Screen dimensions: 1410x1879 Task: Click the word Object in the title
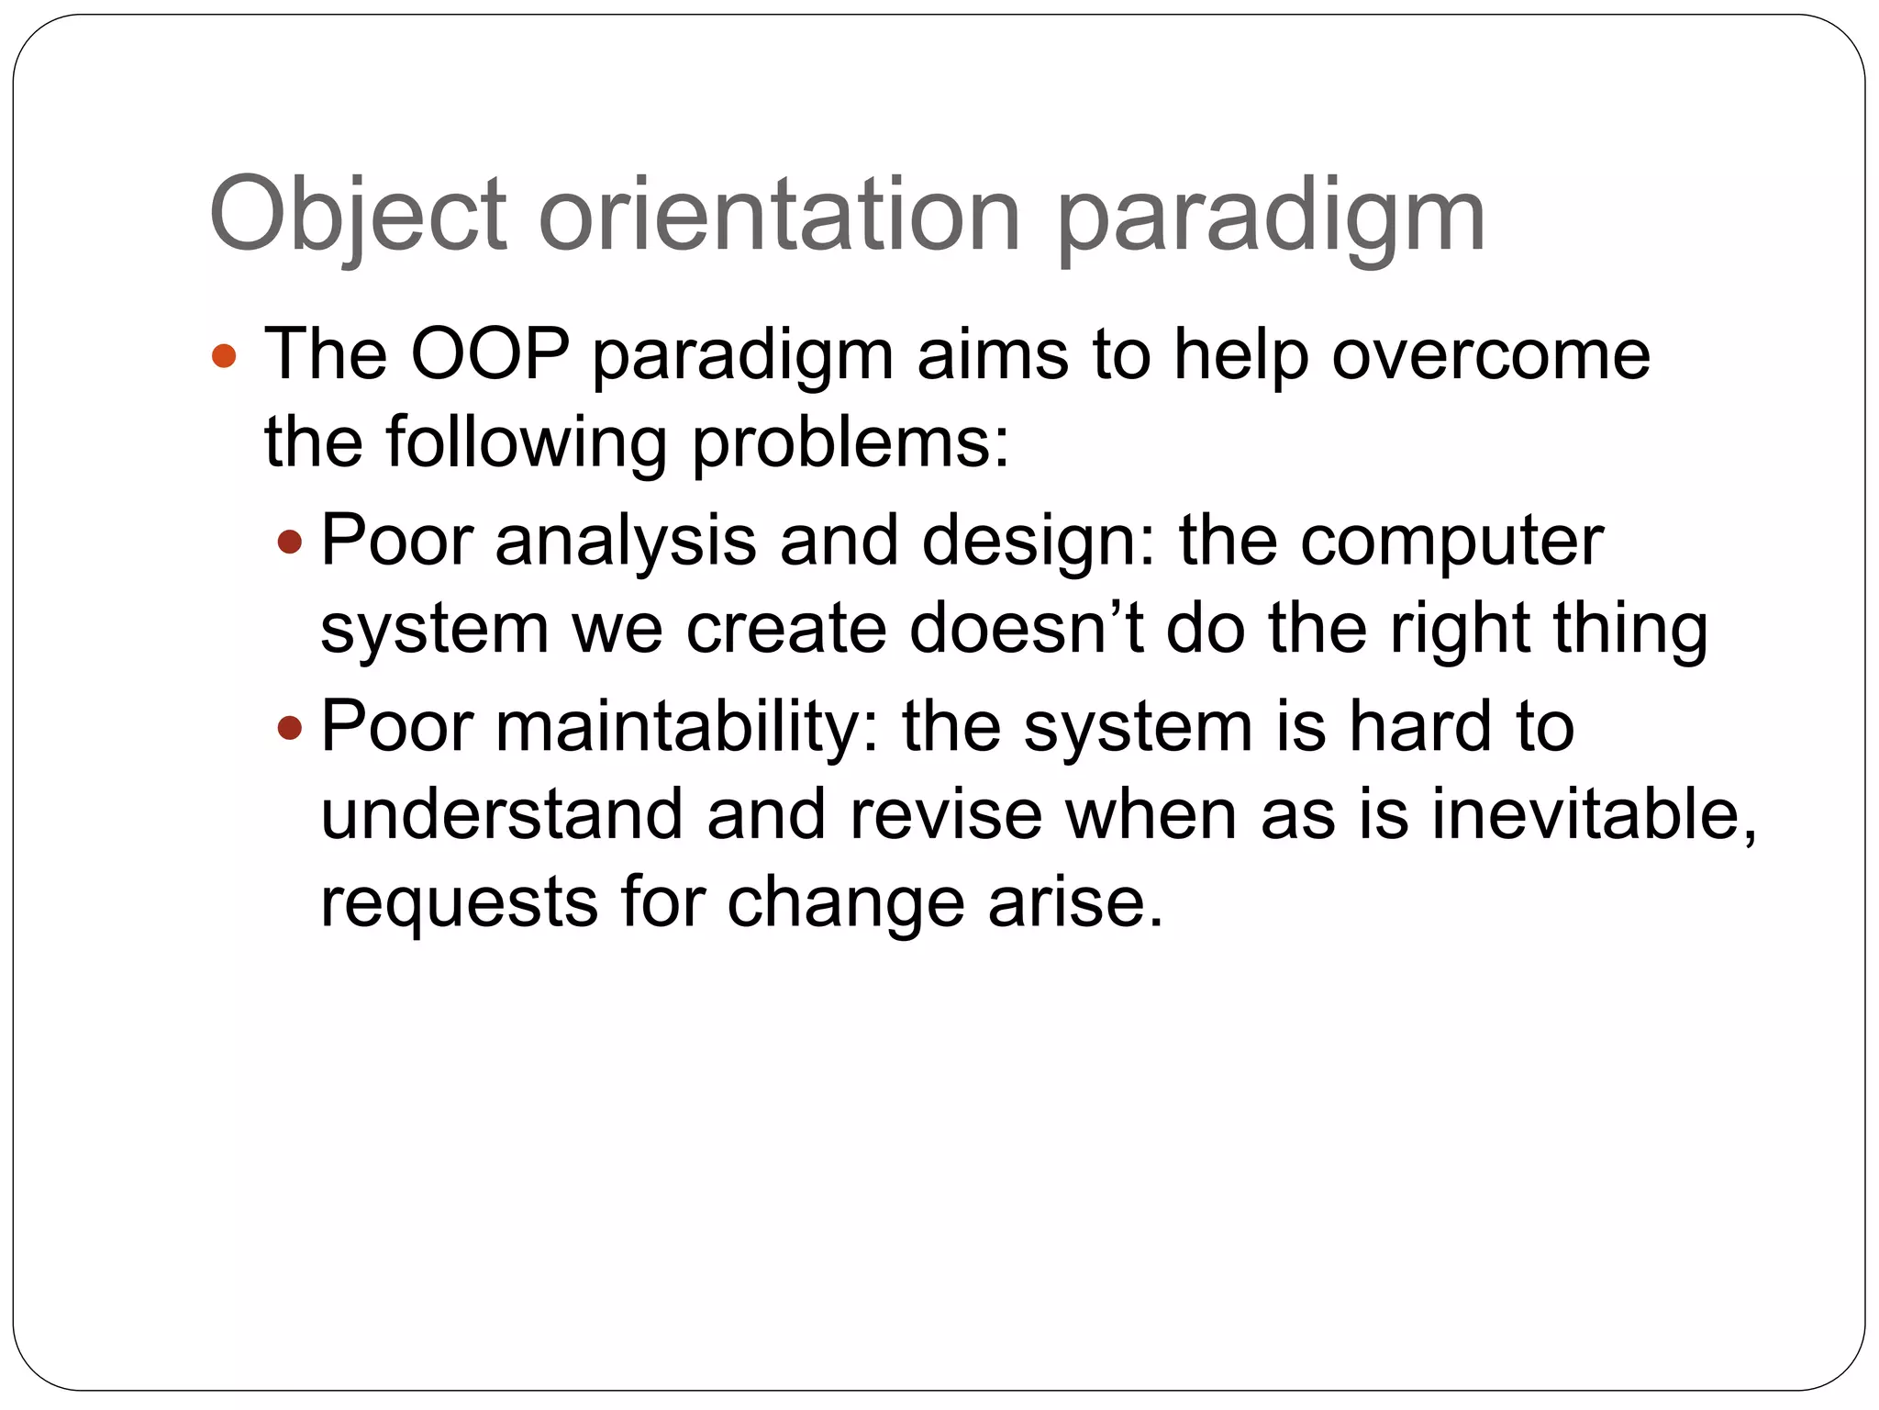click(358, 216)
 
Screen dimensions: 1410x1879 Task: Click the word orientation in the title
click(779, 216)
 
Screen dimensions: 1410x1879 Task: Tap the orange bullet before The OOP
click(224, 355)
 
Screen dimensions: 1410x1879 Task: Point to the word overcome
click(1491, 355)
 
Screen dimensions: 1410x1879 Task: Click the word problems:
click(850, 443)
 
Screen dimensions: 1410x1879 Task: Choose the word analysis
click(626, 541)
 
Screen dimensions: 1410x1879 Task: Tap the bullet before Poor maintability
click(289, 728)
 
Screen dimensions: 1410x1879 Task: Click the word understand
click(502, 814)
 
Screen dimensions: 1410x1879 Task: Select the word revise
click(946, 814)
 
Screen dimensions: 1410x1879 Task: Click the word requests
click(459, 902)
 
